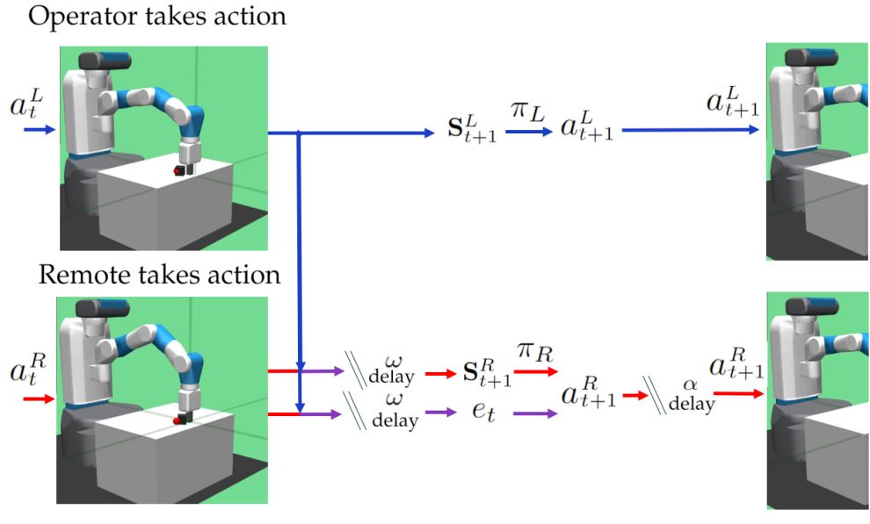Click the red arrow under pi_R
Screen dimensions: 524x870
click(533, 372)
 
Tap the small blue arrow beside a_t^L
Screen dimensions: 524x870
click(38, 130)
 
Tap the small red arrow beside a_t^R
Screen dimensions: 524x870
click(38, 398)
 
